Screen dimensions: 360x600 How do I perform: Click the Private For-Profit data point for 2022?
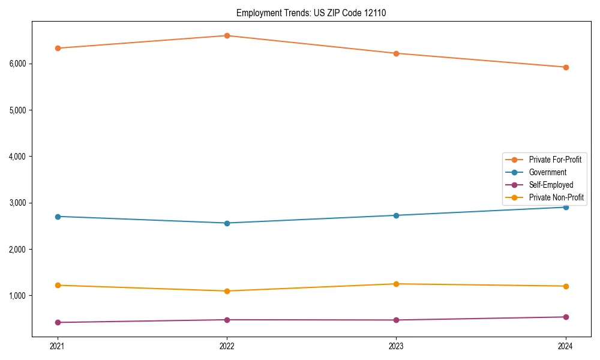coord(227,35)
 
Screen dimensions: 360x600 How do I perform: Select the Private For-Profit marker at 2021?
coord(58,48)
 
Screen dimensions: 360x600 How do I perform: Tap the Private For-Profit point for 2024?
coord(566,67)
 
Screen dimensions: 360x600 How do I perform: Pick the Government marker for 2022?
coord(227,223)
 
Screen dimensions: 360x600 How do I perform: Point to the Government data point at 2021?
coord(58,217)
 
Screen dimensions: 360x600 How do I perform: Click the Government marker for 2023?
coord(396,215)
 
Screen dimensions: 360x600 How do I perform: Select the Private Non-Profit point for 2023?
coord(396,284)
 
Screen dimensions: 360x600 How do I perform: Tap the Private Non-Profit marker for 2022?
coord(227,291)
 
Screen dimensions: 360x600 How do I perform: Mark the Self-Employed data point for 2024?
coord(566,317)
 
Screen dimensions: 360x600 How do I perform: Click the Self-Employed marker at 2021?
coord(58,322)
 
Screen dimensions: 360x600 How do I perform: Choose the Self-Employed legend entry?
coord(551,185)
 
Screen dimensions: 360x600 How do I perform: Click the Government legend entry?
coord(547,172)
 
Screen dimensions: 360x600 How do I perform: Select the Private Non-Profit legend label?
coord(556,197)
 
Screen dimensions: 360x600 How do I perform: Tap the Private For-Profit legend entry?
coord(555,160)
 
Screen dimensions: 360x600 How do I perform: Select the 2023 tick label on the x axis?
coord(396,346)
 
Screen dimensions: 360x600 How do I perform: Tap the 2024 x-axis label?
coord(566,346)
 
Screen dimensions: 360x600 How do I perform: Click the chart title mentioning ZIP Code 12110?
coord(311,13)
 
